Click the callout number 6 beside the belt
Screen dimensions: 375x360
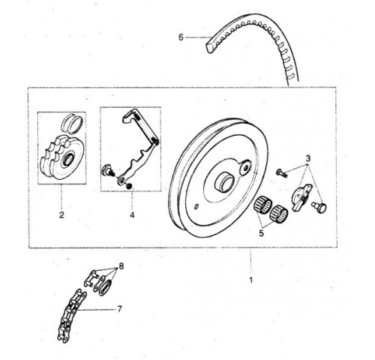(181, 37)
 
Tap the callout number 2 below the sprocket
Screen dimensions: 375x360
(61, 214)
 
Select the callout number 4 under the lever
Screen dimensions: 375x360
(132, 214)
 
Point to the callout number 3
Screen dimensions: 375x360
(307, 158)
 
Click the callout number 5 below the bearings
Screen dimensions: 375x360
(261, 233)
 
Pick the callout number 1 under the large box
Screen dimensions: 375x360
(251, 280)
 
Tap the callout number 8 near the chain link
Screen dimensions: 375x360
(121, 266)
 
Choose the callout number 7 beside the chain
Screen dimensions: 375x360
(119, 309)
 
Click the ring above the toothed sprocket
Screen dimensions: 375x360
(72, 123)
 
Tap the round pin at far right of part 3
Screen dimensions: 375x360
(319, 208)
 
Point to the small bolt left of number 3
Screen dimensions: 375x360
(282, 173)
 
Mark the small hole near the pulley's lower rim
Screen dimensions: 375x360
(196, 206)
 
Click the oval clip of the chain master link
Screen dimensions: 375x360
(105, 288)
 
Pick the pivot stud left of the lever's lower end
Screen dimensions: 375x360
(107, 170)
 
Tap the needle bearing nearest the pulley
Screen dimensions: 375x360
(263, 205)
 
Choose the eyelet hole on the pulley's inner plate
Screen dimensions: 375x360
(244, 168)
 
